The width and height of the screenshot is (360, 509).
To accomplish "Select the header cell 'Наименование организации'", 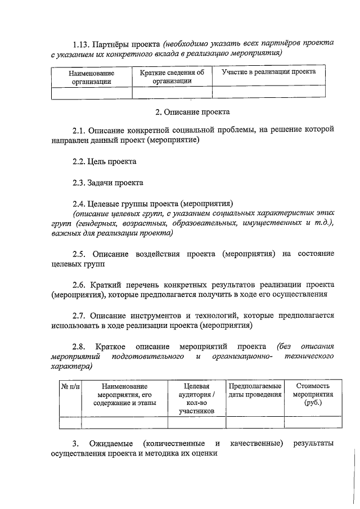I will pos(91,77).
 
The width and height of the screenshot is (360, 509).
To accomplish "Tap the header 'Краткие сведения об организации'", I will pos(172,76).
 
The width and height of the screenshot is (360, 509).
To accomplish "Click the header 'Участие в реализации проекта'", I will pos(268,72).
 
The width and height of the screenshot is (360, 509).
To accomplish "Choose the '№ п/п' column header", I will pos(70,386).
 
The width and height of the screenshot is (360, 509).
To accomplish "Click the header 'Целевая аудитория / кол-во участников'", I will pos(196,398).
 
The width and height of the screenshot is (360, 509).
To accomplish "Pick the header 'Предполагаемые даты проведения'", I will pos(254,390).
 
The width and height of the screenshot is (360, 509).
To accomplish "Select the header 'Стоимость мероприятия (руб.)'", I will pos(312,394).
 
